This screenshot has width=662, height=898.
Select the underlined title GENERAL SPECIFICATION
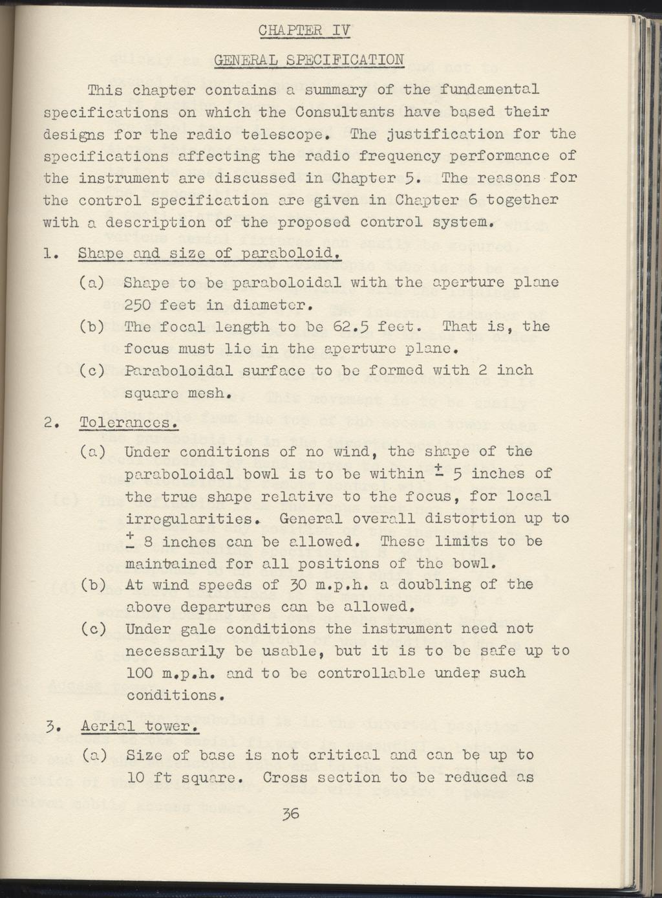tap(309, 61)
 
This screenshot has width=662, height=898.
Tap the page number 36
tap(290, 814)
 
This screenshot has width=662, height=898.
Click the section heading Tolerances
tap(127, 423)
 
